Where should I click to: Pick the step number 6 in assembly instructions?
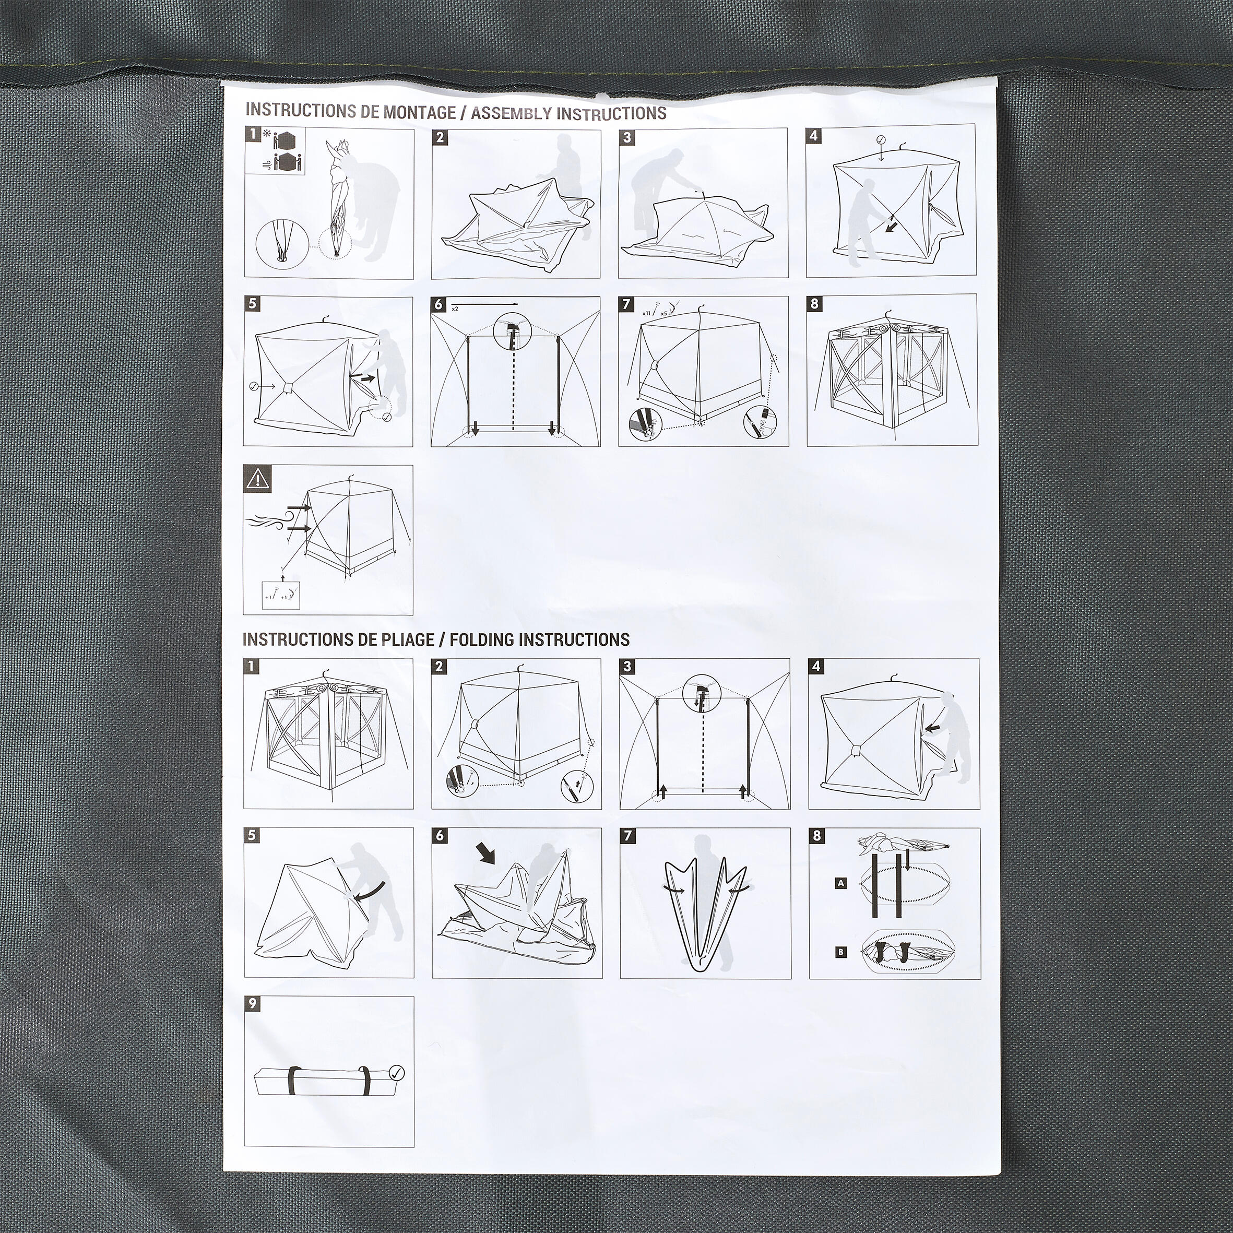[x=438, y=304]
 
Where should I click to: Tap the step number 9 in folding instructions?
[x=252, y=1003]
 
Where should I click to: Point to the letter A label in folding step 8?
[x=841, y=884]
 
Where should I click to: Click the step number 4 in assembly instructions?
[x=813, y=135]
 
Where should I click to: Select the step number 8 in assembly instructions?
[x=814, y=304]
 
